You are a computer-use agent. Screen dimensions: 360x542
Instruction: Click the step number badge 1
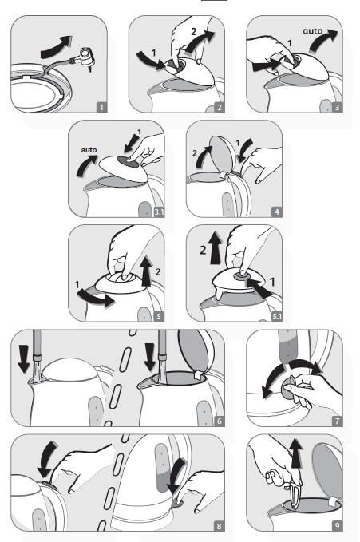101,107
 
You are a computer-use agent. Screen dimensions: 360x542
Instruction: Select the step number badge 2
219,107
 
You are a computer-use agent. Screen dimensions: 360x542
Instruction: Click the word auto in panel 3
313,31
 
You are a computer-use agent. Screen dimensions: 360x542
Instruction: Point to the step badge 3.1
159,212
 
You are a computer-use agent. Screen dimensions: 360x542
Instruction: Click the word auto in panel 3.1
89,150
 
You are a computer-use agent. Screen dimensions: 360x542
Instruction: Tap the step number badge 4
276,212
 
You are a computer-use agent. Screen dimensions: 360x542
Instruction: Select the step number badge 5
159,316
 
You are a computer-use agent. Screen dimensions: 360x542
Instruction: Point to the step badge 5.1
277,316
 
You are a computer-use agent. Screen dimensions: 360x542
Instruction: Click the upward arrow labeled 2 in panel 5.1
216,248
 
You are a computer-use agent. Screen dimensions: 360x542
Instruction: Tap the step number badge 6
219,421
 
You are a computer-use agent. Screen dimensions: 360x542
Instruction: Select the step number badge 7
337,421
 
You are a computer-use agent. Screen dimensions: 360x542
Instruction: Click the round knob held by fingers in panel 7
288,388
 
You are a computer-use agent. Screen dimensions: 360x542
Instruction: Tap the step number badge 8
219,526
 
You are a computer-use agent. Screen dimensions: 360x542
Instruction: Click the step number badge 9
337,526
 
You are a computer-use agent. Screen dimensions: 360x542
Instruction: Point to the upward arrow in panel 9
296,453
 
